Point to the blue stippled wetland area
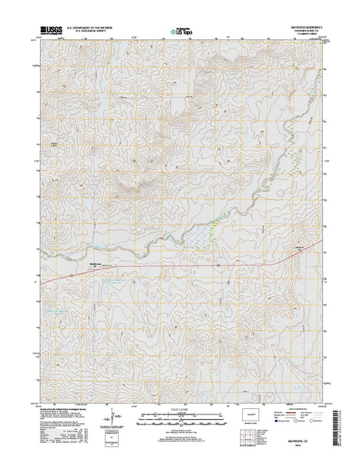click(x=202, y=235)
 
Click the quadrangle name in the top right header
click(x=304, y=29)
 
